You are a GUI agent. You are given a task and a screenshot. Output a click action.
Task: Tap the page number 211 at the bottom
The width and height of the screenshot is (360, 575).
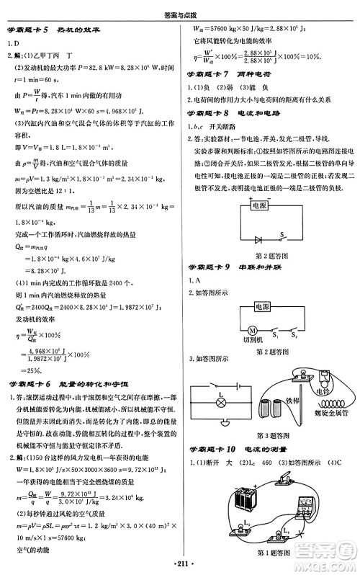(180, 563)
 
